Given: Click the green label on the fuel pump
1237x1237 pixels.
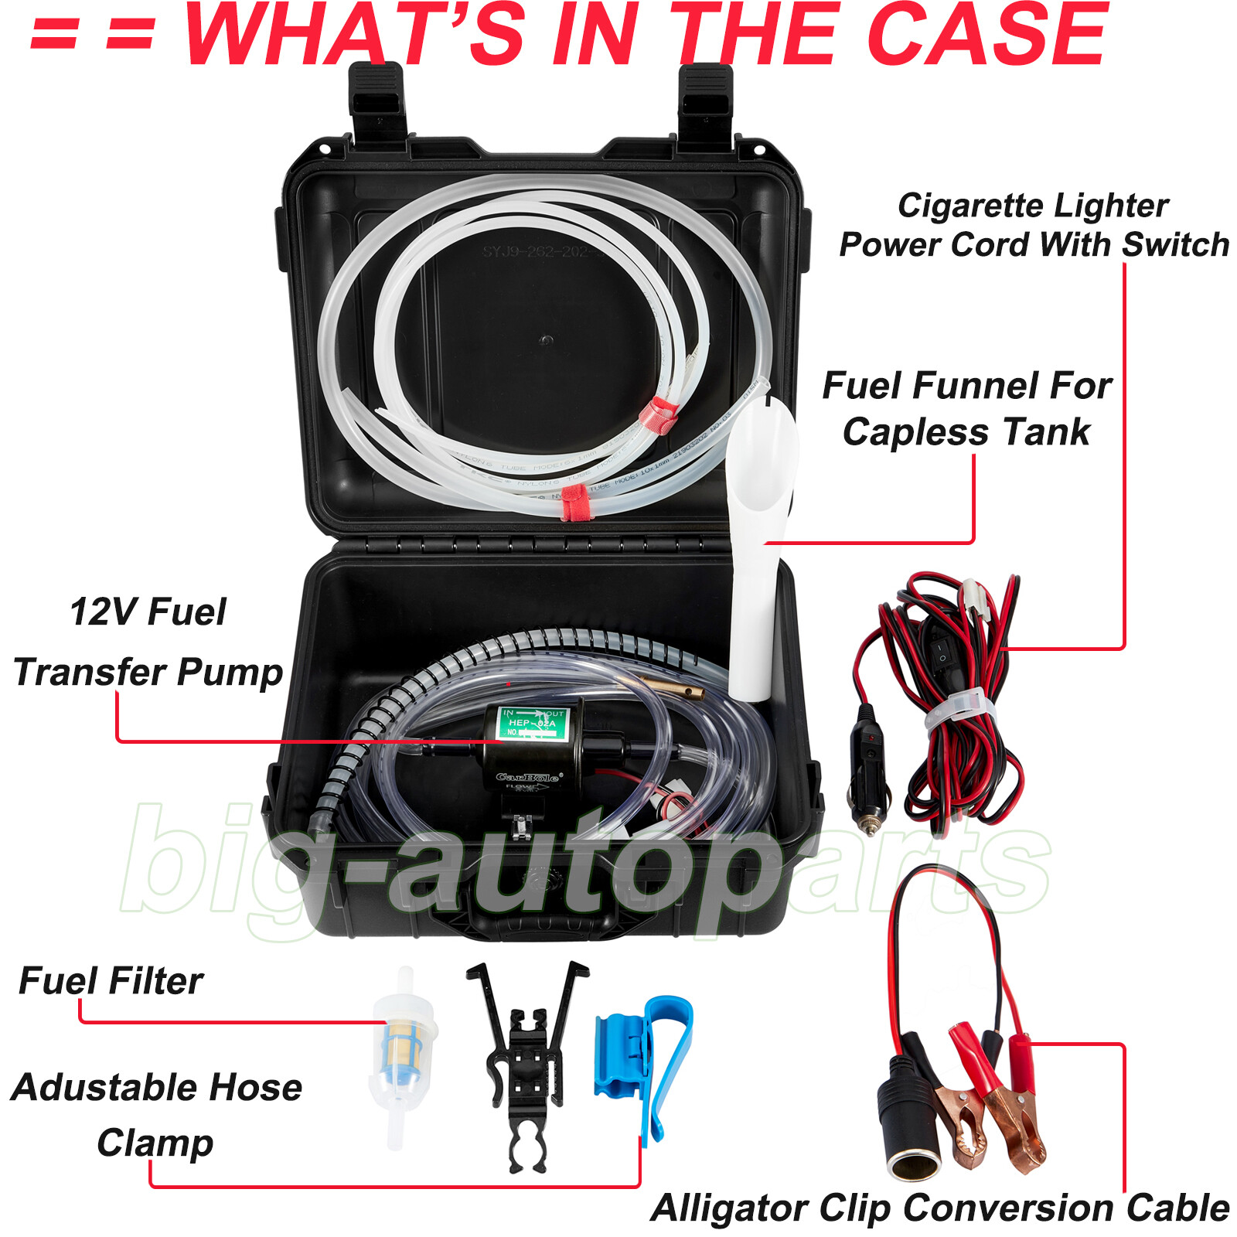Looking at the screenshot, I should (532, 723).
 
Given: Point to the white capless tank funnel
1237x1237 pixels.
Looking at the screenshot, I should (758, 541).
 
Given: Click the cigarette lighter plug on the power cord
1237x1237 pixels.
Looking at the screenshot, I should (867, 781).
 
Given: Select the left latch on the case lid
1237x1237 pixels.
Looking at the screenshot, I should (377, 101).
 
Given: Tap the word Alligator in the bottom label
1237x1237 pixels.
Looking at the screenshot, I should (731, 1208).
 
